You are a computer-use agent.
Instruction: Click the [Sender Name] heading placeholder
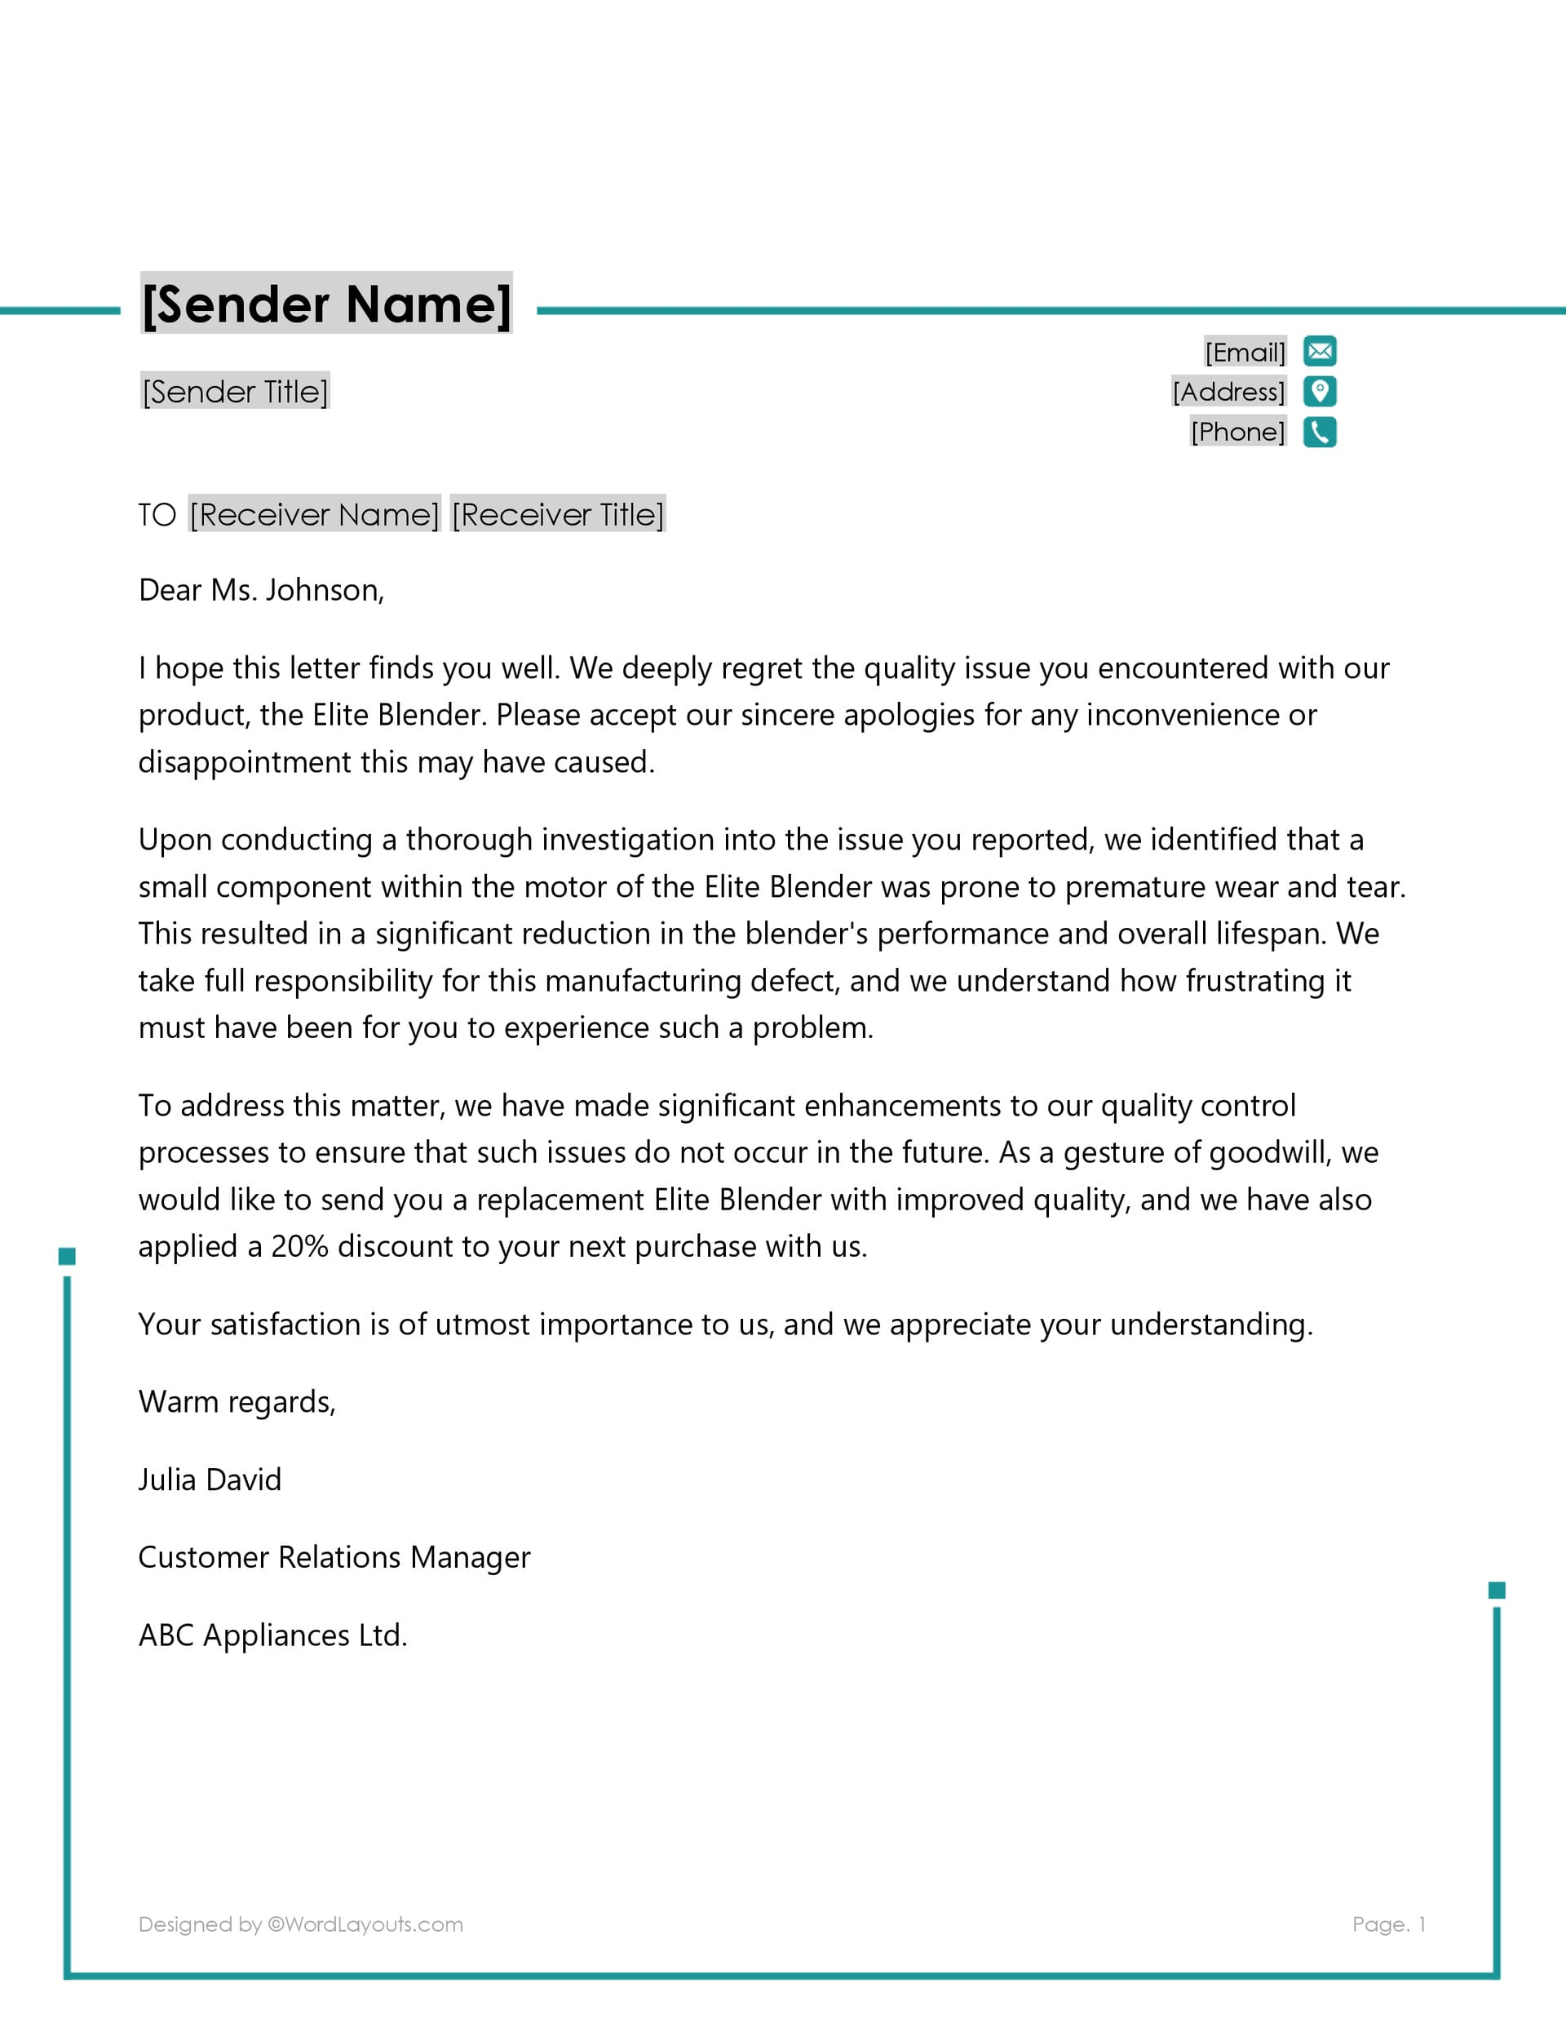pyautogui.click(x=325, y=304)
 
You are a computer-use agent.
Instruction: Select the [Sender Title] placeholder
pyautogui.click(x=235, y=391)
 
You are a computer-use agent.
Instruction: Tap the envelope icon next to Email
pyautogui.click(x=1319, y=351)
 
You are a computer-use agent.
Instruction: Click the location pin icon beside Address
pyautogui.click(x=1319, y=391)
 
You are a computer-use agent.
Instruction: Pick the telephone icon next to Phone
pyautogui.click(x=1319, y=432)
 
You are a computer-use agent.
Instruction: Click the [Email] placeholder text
pyautogui.click(x=1245, y=352)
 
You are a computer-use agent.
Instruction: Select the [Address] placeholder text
pyautogui.click(x=1228, y=391)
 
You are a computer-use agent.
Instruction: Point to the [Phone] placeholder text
pyautogui.click(x=1237, y=432)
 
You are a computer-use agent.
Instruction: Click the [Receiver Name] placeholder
pyautogui.click(x=315, y=514)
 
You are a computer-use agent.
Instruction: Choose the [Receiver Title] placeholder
pyautogui.click(x=558, y=514)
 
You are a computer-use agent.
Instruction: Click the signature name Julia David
pyautogui.click(x=210, y=1480)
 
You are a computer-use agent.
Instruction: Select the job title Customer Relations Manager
pyautogui.click(x=334, y=1557)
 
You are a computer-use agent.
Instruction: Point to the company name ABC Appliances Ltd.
pyautogui.click(x=273, y=1635)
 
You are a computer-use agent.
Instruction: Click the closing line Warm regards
pyautogui.click(x=237, y=1402)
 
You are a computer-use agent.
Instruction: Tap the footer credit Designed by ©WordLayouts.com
pyautogui.click(x=301, y=1924)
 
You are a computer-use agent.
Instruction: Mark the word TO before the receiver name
pyautogui.click(x=157, y=515)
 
